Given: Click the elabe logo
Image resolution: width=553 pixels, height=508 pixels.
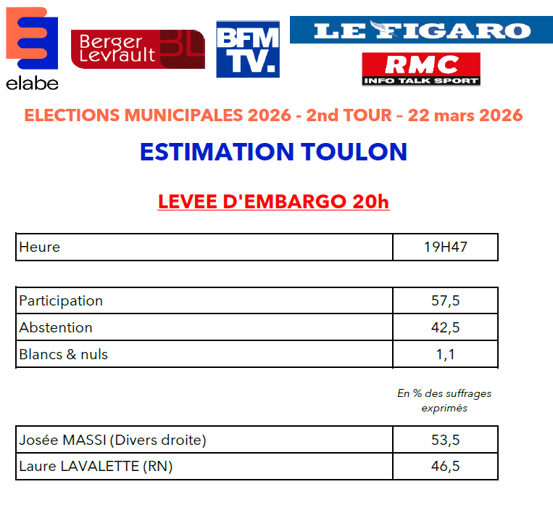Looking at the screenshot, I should pos(32,48).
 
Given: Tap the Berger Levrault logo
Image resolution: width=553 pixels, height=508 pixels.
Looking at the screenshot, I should pos(138,49).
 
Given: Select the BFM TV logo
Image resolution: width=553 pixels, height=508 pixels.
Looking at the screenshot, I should pos(248,49).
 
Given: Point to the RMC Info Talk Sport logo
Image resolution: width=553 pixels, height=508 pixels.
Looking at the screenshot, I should pos(421,69).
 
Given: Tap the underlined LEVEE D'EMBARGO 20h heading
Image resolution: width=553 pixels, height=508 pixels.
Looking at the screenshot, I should pos(273,201).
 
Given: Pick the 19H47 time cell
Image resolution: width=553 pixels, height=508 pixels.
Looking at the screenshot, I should pos(445,247).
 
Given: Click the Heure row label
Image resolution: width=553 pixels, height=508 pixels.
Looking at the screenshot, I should pos(40,247).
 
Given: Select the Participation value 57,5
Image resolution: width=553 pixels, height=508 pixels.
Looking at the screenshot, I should pos(445,300).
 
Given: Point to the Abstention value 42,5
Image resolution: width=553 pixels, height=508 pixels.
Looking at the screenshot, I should pos(445,327).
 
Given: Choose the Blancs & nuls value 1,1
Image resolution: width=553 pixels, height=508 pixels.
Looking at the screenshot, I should pos(445,354).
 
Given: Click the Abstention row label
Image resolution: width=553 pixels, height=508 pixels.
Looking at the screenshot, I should pos(56,327).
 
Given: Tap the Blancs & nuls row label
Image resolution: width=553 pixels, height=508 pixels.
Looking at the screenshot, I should pos(64,354).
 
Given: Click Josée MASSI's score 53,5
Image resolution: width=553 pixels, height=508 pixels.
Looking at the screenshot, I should pos(445,440).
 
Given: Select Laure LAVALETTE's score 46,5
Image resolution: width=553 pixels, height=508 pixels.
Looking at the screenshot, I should pos(445,467).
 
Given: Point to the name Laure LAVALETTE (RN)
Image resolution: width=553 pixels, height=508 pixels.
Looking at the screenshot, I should pos(96,467).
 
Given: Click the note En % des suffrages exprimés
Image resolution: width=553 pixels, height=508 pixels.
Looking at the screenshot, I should pos(444,401).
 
